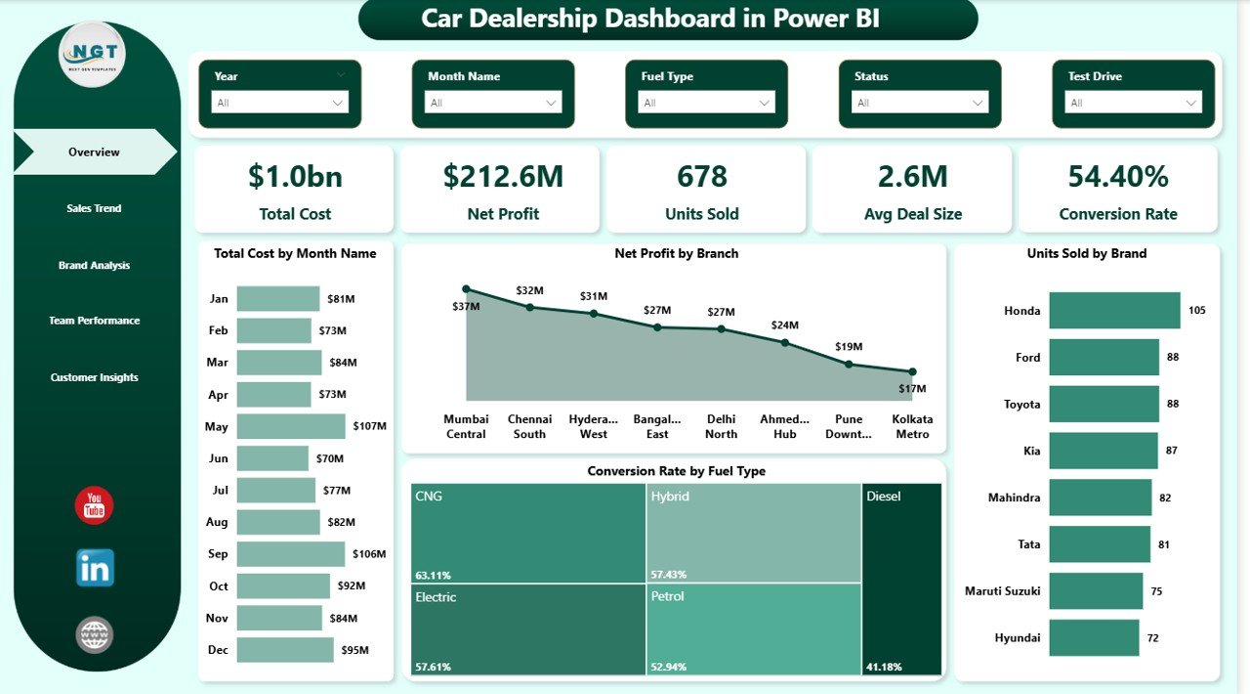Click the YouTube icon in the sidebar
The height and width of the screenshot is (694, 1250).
(x=95, y=505)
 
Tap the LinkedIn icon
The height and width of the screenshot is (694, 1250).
(x=95, y=568)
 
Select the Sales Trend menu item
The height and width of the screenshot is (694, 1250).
(x=94, y=208)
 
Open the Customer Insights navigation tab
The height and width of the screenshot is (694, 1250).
(x=95, y=377)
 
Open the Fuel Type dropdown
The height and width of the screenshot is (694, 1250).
(x=706, y=103)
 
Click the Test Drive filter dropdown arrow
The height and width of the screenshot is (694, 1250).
(x=1190, y=103)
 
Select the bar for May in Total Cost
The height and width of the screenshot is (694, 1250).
(x=291, y=426)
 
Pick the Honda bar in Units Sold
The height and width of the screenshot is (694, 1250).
(x=1114, y=311)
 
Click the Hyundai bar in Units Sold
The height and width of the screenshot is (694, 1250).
(x=1094, y=637)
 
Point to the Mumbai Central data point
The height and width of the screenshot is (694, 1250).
(x=466, y=289)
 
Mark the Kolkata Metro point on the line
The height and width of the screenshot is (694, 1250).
(x=912, y=371)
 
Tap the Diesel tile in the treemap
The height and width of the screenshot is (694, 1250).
(x=902, y=579)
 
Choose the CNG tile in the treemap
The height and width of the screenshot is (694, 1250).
(x=527, y=533)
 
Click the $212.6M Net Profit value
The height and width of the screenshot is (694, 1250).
(x=503, y=177)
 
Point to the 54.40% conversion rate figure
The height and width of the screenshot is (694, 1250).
(x=1118, y=177)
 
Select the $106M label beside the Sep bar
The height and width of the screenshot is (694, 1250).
(x=367, y=554)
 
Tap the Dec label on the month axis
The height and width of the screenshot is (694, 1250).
(x=218, y=649)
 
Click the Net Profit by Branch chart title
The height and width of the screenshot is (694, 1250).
(x=676, y=253)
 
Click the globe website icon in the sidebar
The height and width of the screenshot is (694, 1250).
(x=95, y=635)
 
